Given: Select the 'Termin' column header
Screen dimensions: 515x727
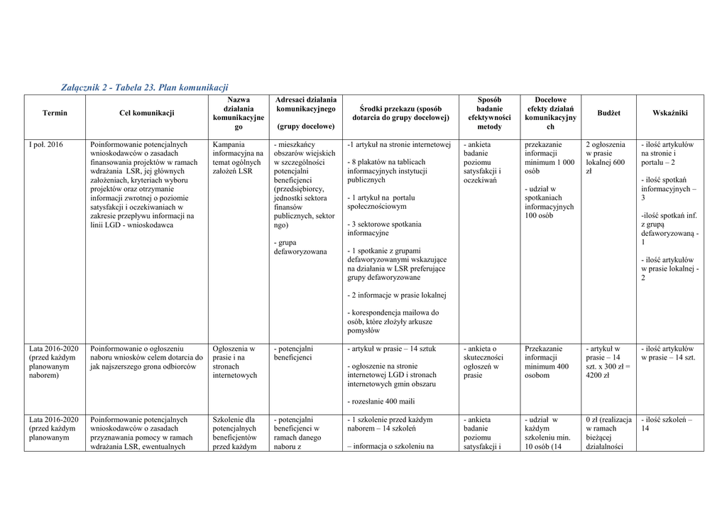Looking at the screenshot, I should pyautogui.click(x=55, y=114).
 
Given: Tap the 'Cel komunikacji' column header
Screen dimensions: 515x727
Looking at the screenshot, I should pyautogui.click(x=147, y=114).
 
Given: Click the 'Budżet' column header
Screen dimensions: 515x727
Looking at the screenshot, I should pyautogui.click(x=608, y=114).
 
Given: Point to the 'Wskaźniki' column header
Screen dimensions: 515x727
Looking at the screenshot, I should pyautogui.click(x=669, y=114).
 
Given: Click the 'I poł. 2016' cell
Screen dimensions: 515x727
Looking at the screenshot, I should pyautogui.click(x=45, y=145).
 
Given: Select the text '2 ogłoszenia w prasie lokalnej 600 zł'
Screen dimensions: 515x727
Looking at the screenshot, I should pyautogui.click(x=606, y=158).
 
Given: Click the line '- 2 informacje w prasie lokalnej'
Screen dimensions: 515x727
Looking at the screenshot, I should pyautogui.click(x=397, y=296).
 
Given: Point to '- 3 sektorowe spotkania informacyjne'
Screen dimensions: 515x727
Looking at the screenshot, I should pyautogui.click(x=384, y=229).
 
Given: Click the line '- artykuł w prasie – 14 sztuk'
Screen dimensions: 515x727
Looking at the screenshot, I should pyautogui.click(x=391, y=349).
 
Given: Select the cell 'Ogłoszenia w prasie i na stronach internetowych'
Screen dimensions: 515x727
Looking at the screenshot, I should pyautogui.click(x=235, y=362).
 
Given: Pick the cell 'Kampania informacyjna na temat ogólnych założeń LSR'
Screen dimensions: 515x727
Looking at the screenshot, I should pyautogui.click(x=238, y=158).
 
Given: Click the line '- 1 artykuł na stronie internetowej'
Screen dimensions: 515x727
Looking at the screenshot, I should pyautogui.click(x=399, y=145).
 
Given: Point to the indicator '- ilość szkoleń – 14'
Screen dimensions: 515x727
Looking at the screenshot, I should pyautogui.click(x=667, y=424).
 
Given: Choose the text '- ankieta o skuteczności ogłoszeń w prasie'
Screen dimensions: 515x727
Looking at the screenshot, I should pyautogui.click(x=483, y=362).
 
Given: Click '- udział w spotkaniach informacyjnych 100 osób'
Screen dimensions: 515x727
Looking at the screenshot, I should pyautogui.click(x=550, y=202).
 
